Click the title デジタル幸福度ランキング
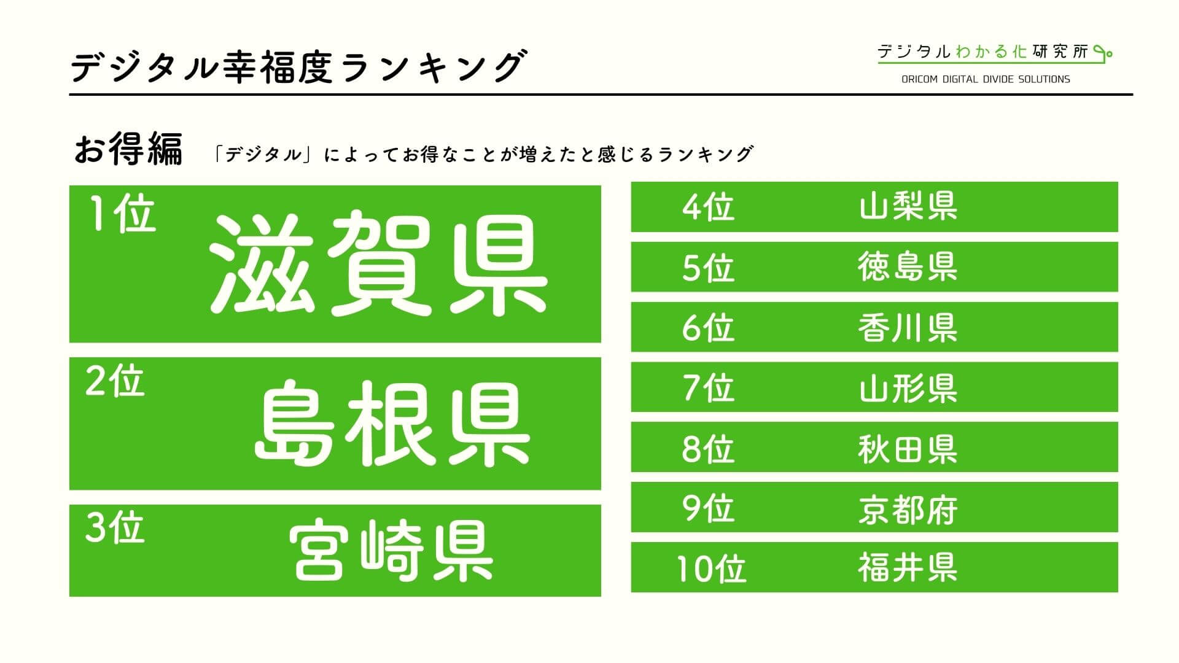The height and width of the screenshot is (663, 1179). tap(299, 67)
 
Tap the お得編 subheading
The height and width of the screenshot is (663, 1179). tap(128, 150)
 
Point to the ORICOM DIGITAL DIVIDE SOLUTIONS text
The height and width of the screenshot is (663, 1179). tap(986, 79)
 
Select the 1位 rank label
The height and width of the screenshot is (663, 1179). tap(123, 214)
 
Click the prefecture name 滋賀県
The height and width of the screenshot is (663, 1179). tap(378, 264)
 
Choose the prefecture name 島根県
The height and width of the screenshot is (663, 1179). tap(392, 423)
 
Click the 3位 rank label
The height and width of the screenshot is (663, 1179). tap(115, 528)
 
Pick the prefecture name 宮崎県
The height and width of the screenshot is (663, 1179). tap(391, 551)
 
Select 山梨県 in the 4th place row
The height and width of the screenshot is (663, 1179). tap(908, 206)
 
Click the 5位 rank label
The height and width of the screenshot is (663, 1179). tap(708, 268)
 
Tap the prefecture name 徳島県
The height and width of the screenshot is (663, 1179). tap(908, 267)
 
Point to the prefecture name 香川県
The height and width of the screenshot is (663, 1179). tap(908, 327)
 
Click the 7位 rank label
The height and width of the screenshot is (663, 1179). tap(708, 388)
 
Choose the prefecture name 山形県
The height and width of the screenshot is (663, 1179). tap(908, 387)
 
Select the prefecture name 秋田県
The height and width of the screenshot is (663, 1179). tap(908, 448)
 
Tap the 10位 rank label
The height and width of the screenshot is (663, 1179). tap(711, 568)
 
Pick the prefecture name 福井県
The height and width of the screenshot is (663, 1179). tap(908, 568)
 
